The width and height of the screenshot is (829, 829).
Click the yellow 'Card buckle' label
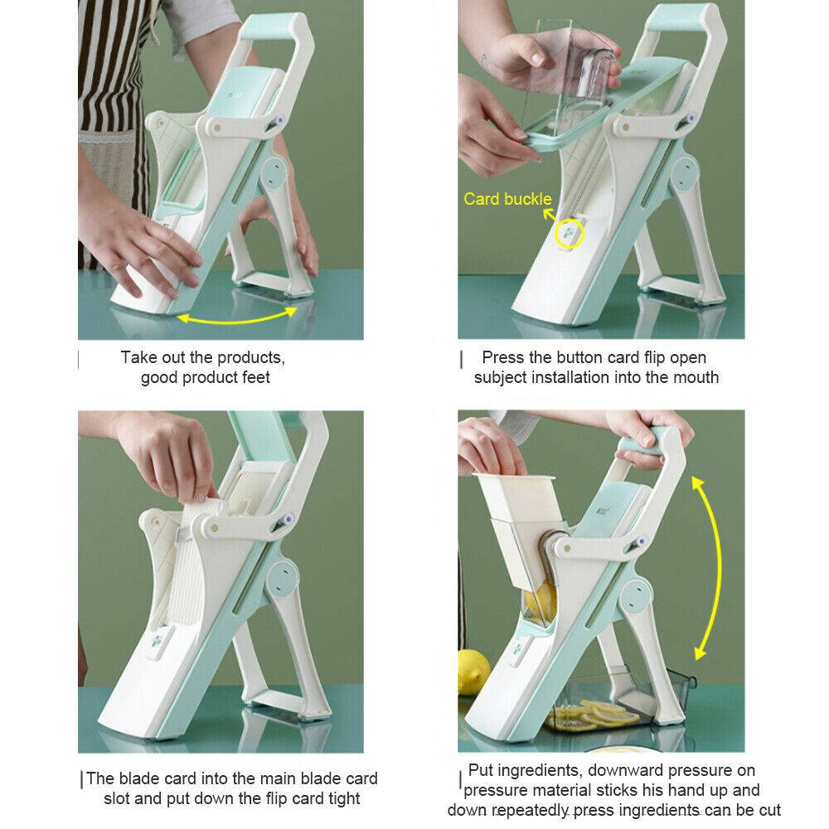coord(507,199)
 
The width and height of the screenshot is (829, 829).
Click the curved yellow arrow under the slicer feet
coord(235,318)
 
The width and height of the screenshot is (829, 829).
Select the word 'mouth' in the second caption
coord(693,377)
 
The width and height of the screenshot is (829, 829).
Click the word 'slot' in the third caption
coord(117,798)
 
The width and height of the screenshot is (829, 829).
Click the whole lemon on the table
coord(473,671)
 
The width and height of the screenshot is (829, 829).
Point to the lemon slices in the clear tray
coord(592,715)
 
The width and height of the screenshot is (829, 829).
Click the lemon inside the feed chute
coord(540,603)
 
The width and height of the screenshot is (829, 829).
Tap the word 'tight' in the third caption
coord(344,798)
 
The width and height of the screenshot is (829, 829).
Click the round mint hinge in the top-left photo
coord(273,173)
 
